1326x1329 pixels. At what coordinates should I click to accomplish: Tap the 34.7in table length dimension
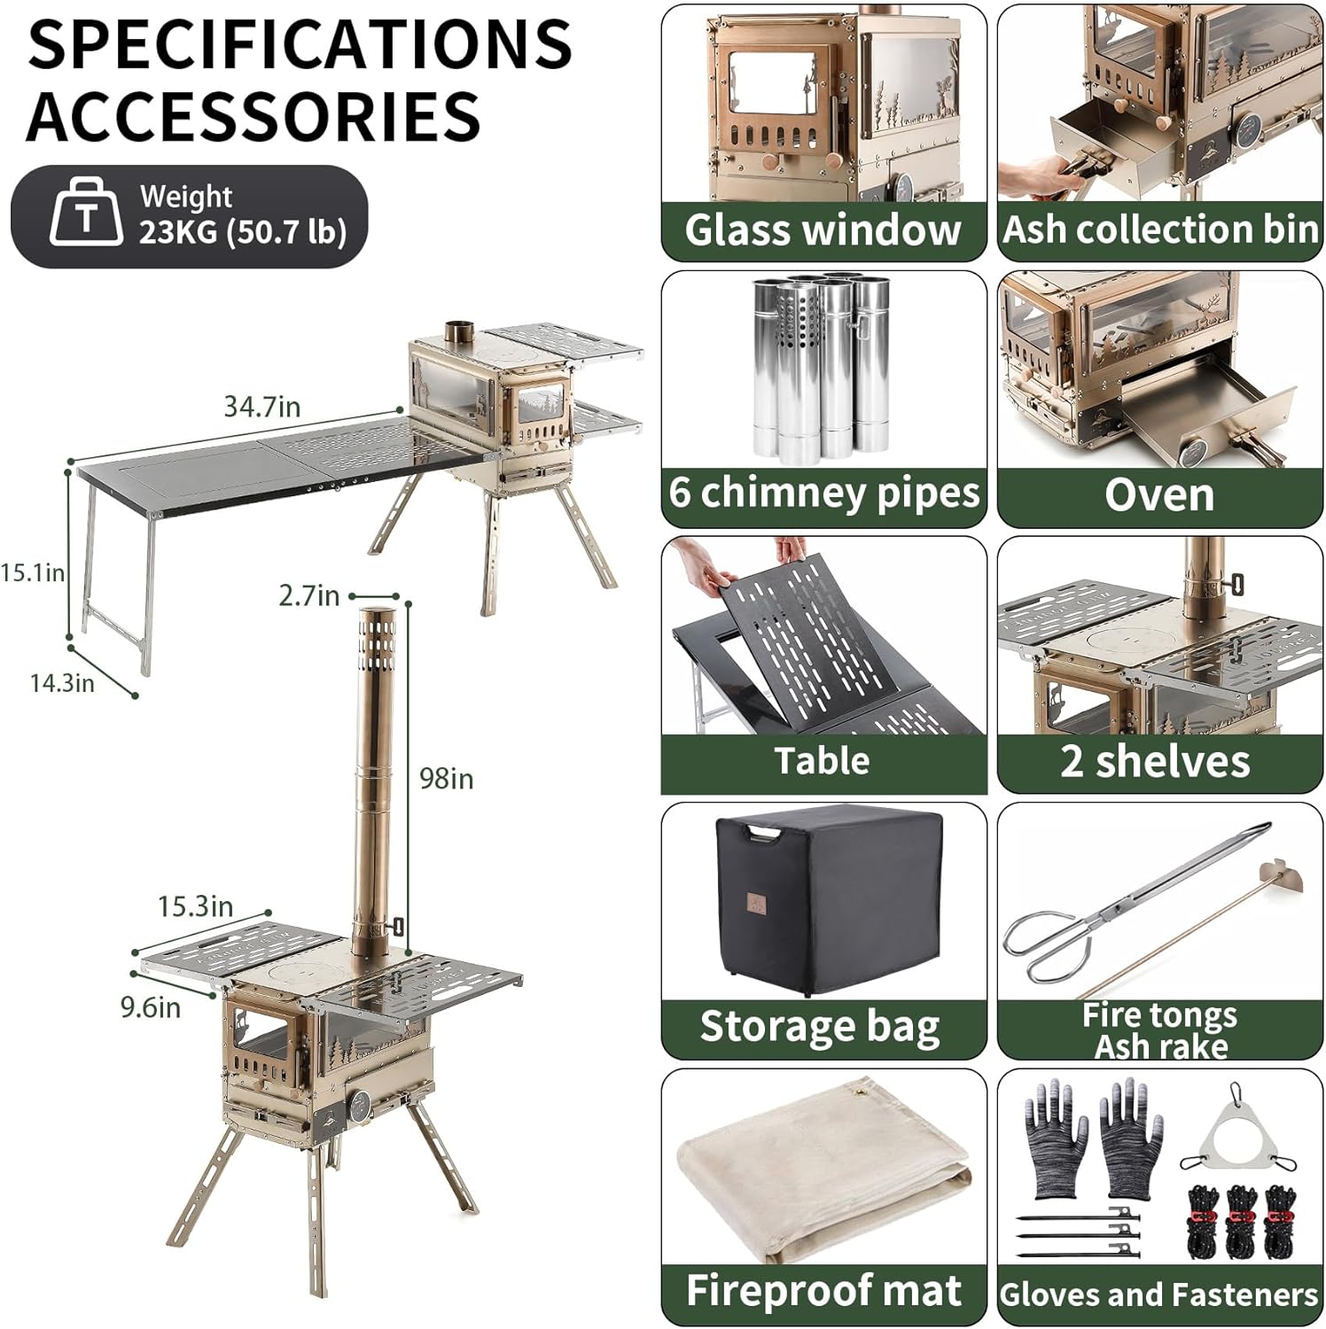coord(261,407)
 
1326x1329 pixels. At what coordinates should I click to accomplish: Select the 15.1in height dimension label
coord(32,572)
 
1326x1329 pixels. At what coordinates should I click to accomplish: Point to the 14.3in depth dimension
coord(62,683)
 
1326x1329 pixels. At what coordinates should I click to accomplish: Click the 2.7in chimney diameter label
coord(308,595)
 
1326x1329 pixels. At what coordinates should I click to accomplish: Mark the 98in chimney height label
coord(446,779)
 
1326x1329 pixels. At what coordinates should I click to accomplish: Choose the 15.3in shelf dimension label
coord(195,906)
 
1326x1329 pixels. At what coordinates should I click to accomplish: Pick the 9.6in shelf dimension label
coord(151,1007)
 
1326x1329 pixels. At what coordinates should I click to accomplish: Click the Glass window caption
coord(823,230)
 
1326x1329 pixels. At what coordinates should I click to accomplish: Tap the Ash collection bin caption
coord(1160,229)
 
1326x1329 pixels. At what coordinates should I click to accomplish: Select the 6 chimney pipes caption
coord(824,493)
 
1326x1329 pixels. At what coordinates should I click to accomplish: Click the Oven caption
coord(1159,494)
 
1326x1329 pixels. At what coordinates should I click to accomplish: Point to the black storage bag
coord(827,898)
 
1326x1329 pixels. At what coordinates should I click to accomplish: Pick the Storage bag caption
coord(820,1028)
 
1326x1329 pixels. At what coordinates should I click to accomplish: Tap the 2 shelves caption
coord(1155,761)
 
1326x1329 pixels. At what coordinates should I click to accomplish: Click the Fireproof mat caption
coord(823,1291)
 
